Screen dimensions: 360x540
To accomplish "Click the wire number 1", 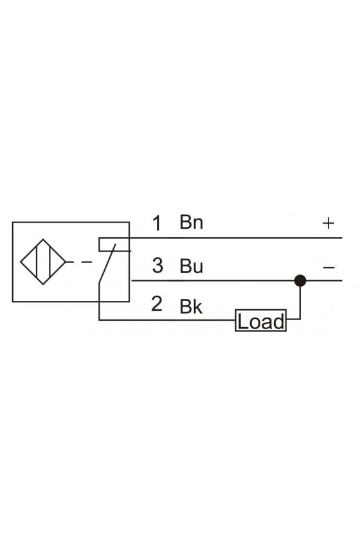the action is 157,223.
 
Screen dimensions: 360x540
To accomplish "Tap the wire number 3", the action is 157,265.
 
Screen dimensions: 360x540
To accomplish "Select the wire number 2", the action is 157,303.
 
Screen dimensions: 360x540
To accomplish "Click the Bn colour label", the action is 191,222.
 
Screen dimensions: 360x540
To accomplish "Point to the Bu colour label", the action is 191,266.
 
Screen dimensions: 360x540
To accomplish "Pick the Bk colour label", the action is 191,306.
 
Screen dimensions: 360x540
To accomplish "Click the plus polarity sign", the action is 328,223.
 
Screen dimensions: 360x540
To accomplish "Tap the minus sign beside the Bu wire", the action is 329,267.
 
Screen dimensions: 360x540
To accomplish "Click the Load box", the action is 261,321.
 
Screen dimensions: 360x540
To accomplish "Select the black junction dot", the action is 300,281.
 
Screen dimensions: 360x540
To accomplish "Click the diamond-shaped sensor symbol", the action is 42,262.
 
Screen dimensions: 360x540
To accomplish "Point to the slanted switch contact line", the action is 107,264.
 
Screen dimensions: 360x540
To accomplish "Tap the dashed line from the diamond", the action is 79,262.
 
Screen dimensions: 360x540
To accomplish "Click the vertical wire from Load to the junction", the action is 300,302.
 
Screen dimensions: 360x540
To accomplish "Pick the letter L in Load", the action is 242,321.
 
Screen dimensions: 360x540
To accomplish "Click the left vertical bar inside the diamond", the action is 36,262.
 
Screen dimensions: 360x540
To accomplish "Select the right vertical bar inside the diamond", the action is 50,262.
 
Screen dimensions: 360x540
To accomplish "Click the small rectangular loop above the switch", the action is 114,244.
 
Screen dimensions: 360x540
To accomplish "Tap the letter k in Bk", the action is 197,306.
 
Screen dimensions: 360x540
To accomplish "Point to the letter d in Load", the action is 280,321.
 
